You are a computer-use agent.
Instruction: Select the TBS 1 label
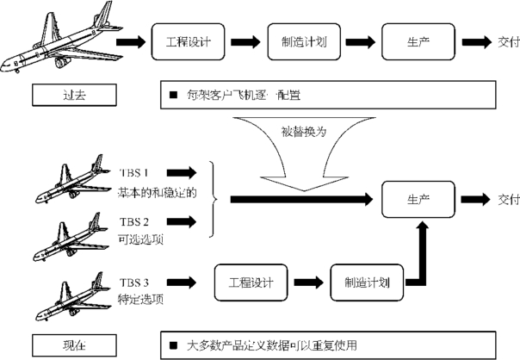(134, 172)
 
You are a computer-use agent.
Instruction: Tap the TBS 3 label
(134, 280)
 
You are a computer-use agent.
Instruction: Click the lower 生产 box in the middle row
(418, 200)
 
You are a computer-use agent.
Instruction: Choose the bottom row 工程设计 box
(249, 281)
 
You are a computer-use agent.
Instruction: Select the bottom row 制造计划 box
(361, 281)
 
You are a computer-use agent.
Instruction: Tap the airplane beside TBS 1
(68, 177)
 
